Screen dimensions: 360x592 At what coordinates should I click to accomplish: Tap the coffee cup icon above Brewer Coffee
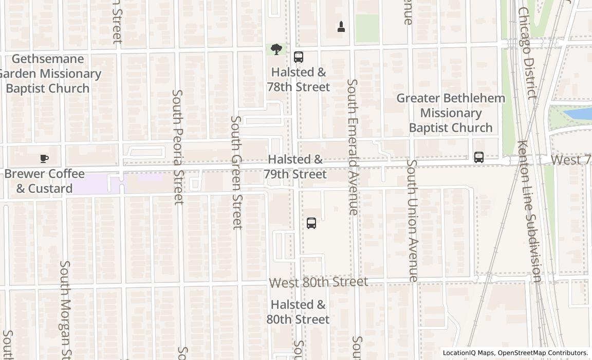click(44, 158)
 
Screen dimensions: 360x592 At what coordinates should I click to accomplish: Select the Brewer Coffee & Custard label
click(45, 181)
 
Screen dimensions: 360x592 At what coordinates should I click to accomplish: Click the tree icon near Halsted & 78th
click(276, 49)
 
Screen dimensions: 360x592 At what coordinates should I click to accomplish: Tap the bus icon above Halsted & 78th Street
click(299, 57)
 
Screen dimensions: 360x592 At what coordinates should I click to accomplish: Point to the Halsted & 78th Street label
click(299, 80)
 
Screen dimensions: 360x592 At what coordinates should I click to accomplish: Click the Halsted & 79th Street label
click(295, 167)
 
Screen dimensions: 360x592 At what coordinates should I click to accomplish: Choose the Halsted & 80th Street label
click(298, 312)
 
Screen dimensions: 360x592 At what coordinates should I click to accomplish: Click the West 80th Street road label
click(319, 282)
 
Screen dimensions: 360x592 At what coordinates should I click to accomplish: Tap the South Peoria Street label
click(178, 147)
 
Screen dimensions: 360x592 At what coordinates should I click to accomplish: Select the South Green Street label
click(236, 172)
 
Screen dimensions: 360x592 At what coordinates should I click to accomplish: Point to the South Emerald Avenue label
click(352, 147)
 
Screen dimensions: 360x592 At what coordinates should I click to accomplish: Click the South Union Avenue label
click(412, 220)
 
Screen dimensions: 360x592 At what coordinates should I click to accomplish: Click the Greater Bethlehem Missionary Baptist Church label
click(451, 113)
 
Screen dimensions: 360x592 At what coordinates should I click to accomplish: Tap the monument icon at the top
click(341, 26)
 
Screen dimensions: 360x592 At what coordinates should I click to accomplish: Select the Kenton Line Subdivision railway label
click(530, 211)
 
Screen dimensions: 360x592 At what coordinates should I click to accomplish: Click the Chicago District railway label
click(527, 51)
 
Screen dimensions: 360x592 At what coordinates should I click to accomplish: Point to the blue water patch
click(578, 114)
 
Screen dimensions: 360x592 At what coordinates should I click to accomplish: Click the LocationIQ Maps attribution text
click(515, 353)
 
